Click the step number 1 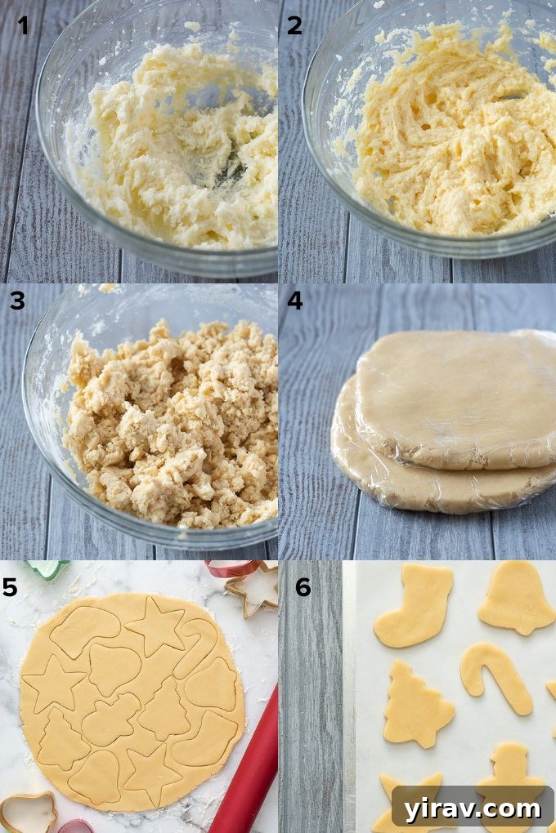pyautogui.click(x=23, y=25)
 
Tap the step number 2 pyautogui.click(x=294, y=25)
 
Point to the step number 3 pyautogui.click(x=17, y=301)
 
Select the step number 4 pyautogui.click(x=294, y=301)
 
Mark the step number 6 pyautogui.click(x=303, y=587)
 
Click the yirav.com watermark pyautogui.click(x=471, y=808)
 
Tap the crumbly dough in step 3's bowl pyautogui.click(x=172, y=425)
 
